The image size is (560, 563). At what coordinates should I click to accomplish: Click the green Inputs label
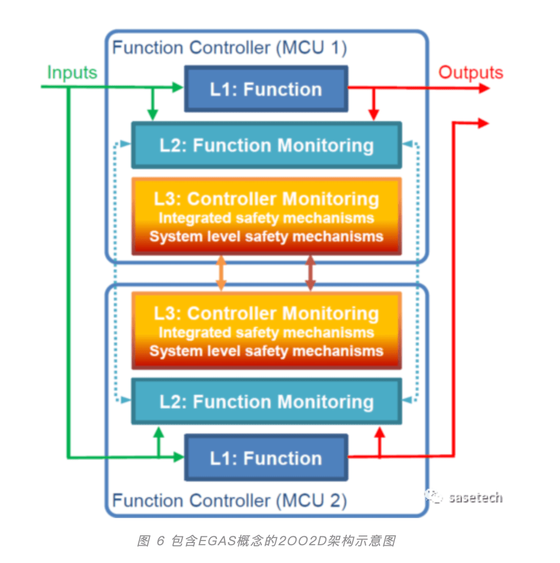[72, 73]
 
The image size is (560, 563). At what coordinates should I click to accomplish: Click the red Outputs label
[471, 73]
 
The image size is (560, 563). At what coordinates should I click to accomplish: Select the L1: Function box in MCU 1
[266, 89]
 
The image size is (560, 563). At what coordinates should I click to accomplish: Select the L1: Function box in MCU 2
[266, 458]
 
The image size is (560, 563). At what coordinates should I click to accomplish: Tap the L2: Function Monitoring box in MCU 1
[266, 145]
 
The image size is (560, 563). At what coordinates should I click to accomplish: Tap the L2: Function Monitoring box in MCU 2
[266, 402]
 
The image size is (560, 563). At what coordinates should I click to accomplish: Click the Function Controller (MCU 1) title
[229, 48]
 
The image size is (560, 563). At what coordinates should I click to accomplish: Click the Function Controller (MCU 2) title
[229, 500]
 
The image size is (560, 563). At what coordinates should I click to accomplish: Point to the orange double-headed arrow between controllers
[221, 273]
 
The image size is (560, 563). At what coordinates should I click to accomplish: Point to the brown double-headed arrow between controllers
[310, 273]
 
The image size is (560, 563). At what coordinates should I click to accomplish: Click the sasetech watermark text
[475, 498]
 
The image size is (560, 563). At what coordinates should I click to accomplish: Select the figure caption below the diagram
[266, 541]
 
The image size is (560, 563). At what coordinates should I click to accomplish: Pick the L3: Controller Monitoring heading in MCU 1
[266, 199]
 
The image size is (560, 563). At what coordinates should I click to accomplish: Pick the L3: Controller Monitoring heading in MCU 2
[266, 313]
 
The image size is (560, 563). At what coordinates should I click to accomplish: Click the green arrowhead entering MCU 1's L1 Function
[178, 87]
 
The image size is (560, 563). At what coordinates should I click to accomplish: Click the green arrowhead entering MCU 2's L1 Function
[179, 457]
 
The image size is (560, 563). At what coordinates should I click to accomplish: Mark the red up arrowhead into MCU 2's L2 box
[380, 432]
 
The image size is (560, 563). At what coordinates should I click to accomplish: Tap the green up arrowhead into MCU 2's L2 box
[158, 432]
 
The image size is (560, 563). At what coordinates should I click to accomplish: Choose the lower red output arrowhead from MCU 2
[484, 123]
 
